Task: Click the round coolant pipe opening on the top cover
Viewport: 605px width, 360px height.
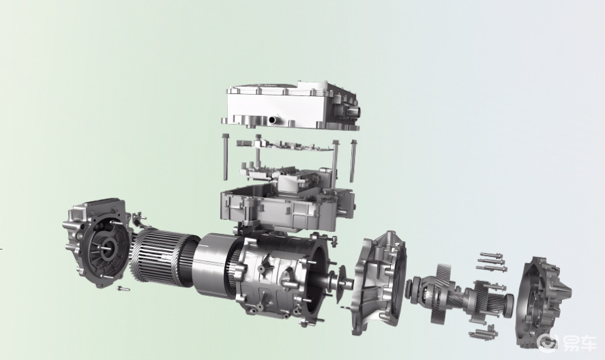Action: point(274,120)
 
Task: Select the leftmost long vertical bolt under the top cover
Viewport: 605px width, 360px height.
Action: point(225,157)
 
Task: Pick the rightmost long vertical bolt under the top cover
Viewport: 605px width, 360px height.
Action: point(353,161)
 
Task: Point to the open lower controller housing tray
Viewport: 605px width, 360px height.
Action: point(287,209)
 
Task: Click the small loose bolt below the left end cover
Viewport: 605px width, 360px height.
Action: point(123,288)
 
